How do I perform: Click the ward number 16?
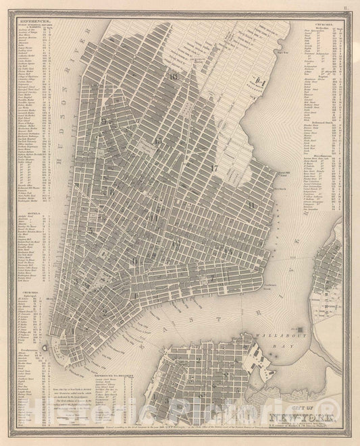click(x=174, y=76)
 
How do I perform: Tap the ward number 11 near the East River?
click(x=251, y=204)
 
